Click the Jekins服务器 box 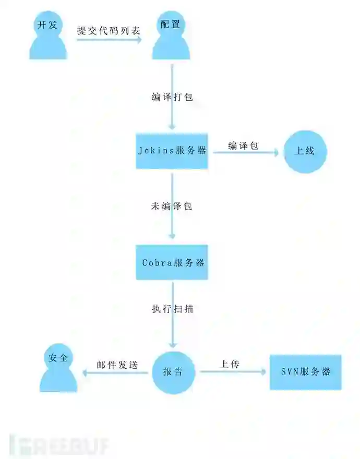pos(172,151)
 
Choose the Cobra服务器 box pos(172,262)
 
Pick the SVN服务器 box pos(305,372)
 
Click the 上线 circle pos(305,151)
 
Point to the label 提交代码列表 pos(109,30)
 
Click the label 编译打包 pos(172,97)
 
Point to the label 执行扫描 pos(172,308)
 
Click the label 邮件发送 pos(117,365)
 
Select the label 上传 pos(230,364)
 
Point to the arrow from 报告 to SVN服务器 pos(233,372)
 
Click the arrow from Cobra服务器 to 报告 pos(172,323)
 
